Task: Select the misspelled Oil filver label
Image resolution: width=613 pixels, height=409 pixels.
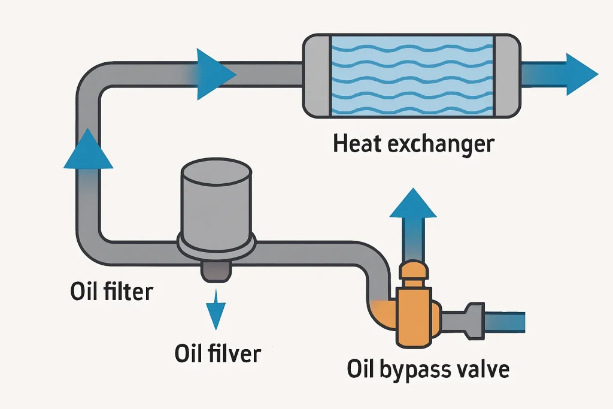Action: pyautogui.click(x=218, y=353)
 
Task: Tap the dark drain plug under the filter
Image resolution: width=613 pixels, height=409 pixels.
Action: pyautogui.click(x=216, y=271)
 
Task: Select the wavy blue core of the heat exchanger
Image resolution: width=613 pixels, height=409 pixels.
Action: pyautogui.click(x=412, y=75)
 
